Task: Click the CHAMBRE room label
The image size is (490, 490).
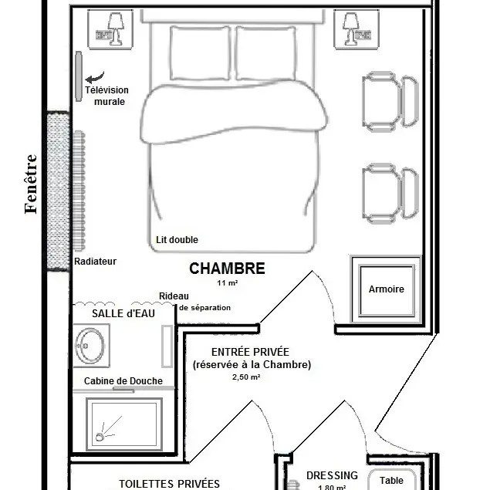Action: [227, 269]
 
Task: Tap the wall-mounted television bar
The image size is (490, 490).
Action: [79, 76]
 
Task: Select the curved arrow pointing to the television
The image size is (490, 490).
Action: [95, 77]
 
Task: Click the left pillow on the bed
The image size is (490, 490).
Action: [200, 53]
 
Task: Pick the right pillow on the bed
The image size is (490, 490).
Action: [265, 53]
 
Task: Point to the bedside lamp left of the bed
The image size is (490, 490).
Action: [115, 28]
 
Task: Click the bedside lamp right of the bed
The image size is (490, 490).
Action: [350, 28]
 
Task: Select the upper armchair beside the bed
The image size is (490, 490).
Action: [390, 102]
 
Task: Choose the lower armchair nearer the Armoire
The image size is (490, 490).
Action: [390, 194]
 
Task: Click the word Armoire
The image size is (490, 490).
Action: [387, 289]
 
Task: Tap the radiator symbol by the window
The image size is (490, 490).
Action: [79, 191]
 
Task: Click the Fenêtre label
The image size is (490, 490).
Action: [31, 184]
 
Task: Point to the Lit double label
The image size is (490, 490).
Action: [177, 240]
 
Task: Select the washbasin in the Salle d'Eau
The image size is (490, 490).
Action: [90, 346]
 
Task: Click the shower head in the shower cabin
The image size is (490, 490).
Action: [100, 437]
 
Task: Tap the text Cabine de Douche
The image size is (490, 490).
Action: [123, 381]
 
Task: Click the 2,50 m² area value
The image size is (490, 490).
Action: [246, 377]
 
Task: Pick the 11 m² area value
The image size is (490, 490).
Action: [228, 283]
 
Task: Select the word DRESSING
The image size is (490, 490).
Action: [332, 475]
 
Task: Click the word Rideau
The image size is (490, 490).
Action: [174, 296]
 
